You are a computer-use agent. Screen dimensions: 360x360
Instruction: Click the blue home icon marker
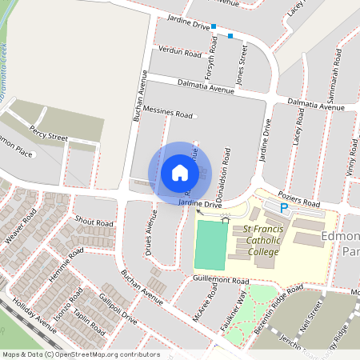coord(180,172)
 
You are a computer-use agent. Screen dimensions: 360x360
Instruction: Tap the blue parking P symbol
coord(283,208)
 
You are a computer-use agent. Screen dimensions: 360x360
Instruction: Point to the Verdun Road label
coord(181,52)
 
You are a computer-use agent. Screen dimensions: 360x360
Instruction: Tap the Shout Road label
coord(94,221)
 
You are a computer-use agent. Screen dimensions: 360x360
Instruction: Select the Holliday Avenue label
coord(30,317)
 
